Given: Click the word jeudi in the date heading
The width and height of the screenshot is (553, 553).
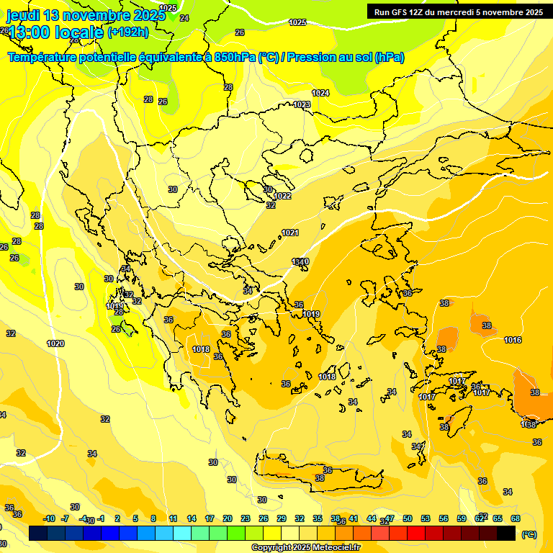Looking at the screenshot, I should click(22, 15).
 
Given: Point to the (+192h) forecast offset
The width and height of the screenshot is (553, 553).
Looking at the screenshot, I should click(128, 32).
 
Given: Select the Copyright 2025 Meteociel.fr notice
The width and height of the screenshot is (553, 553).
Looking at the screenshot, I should click(305, 548).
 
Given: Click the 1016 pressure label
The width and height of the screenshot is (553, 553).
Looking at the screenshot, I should click(513, 340).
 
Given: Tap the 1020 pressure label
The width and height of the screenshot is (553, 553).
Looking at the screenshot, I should click(55, 343).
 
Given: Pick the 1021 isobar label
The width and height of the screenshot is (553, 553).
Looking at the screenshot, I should click(290, 233).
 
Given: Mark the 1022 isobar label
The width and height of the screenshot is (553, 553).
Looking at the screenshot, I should click(282, 196).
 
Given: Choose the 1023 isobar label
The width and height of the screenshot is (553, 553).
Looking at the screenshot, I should click(302, 104).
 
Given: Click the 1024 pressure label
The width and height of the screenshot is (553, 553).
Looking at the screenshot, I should click(320, 93).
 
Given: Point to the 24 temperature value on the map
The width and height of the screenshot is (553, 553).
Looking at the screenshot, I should click(184, 18).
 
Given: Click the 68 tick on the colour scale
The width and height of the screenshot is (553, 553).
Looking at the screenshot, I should click(516, 518).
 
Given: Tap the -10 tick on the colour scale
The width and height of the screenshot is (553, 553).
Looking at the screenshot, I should click(49, 518).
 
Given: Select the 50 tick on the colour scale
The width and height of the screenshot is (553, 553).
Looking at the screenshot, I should click(408, 518).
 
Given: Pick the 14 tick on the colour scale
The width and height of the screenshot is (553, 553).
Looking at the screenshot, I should click(192, 518).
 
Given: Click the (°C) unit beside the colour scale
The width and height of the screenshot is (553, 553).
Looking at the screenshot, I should click(529, 534).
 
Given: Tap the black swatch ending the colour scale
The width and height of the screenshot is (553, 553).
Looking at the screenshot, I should click(506, 534).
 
